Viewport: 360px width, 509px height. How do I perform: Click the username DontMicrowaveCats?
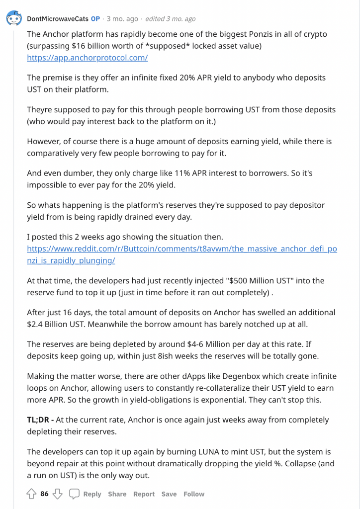coord(58,19)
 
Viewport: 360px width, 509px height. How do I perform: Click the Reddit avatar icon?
coord(13,19)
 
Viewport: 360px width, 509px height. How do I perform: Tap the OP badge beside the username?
coord(95,19)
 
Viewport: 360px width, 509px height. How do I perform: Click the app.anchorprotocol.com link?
coord(87,58)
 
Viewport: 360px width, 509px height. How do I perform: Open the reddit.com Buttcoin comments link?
coord(181,254)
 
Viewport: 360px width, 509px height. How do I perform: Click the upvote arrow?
coord(31,494)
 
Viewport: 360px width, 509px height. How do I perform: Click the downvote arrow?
coord(58,494)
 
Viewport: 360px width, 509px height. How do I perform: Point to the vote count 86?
coord(45,494)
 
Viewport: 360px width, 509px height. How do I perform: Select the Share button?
coord(117,494)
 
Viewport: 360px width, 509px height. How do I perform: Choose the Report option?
coord(144,494)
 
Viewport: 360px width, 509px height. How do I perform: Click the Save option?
coord(169,494)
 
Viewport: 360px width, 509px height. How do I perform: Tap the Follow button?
coord(194,494)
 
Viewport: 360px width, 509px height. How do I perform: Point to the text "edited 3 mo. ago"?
coord(171,19)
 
